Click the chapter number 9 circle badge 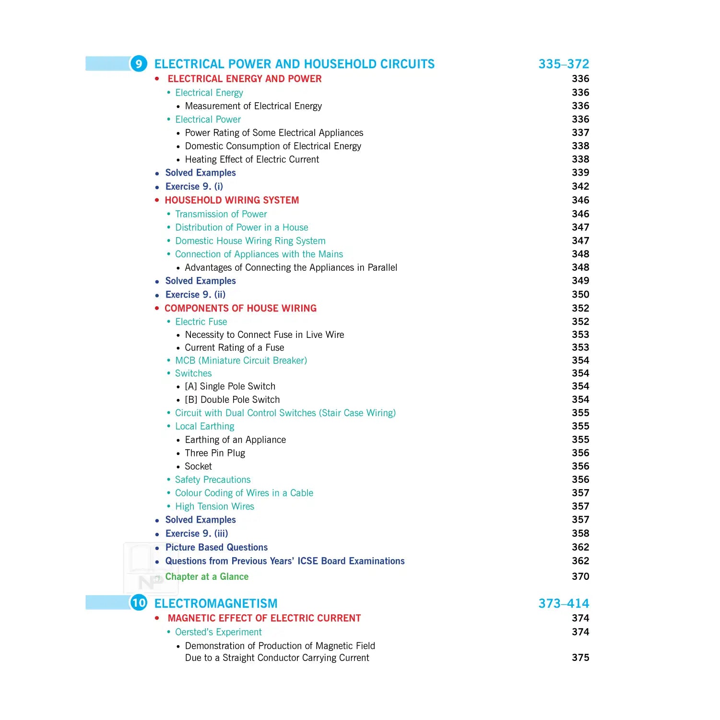139,64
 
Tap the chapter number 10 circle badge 139,603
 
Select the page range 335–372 564,64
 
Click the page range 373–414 564,603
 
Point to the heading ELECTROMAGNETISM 216,603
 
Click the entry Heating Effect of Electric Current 252,159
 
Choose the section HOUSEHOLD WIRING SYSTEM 232,200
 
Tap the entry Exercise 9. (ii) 195,295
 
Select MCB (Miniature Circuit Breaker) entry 241,360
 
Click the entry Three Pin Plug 215,453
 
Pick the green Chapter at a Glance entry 207,576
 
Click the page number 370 580,576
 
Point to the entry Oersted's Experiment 218,632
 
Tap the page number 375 580,658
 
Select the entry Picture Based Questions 216,547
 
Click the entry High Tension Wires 214,506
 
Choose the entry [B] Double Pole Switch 232,400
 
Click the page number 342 580,186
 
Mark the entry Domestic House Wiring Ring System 250,241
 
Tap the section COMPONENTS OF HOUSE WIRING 240,308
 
